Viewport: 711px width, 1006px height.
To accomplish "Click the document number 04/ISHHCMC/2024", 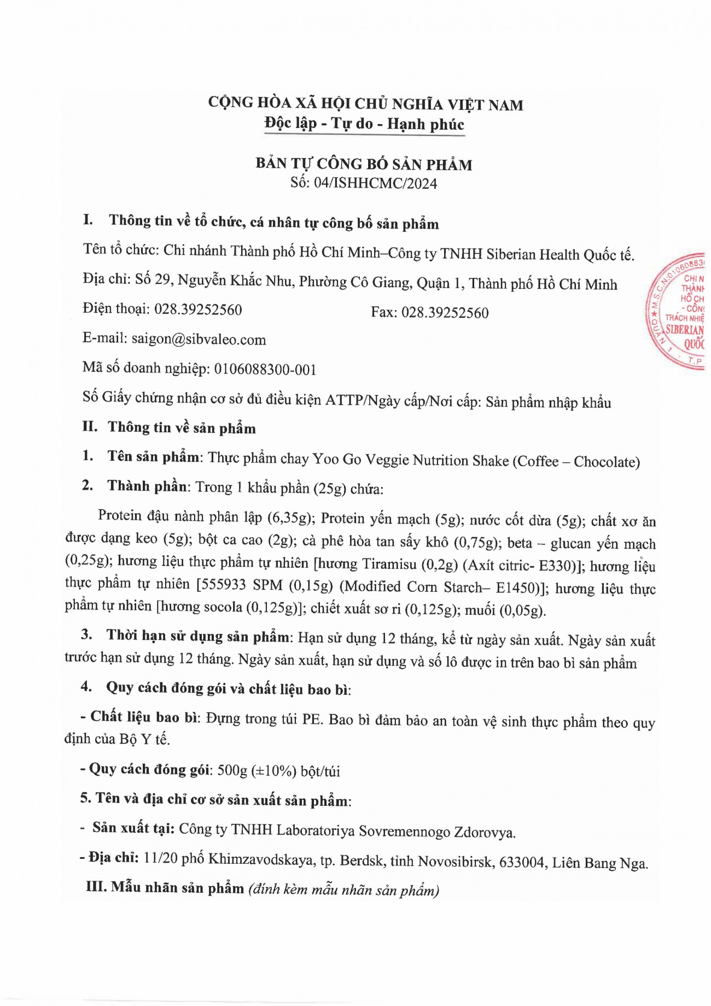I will tap(375, 183).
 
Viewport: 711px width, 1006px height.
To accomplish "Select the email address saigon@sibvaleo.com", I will tap(199, 339).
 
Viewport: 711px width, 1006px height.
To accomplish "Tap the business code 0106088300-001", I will tap(265, 369).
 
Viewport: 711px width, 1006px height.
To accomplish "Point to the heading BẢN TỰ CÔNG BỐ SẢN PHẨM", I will tap(364, 164).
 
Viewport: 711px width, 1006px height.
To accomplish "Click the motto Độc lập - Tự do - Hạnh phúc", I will tap(364, 124).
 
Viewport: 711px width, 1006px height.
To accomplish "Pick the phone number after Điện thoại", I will tap(198, 310).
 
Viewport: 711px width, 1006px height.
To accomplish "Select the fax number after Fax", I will tap(445, 312).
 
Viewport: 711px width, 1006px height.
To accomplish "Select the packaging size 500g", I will tap(232, 770).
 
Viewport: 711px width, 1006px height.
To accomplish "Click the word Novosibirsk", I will tap(456, 862).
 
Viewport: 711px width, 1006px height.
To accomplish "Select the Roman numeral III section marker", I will tap(96, 886).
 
